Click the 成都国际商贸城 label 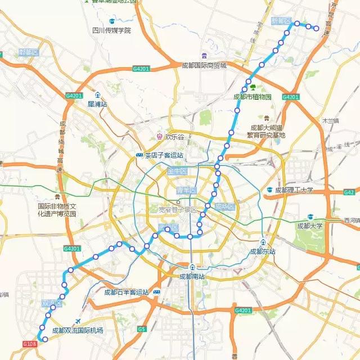coord(204,65)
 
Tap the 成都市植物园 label coord(252,96)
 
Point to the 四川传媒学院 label coord(112,30)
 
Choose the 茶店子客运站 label coord(164,155)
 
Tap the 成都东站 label coord(263,251)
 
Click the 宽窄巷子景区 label coord(178,210)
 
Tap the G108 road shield coord(30,344)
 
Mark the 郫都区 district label coord(28,52)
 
